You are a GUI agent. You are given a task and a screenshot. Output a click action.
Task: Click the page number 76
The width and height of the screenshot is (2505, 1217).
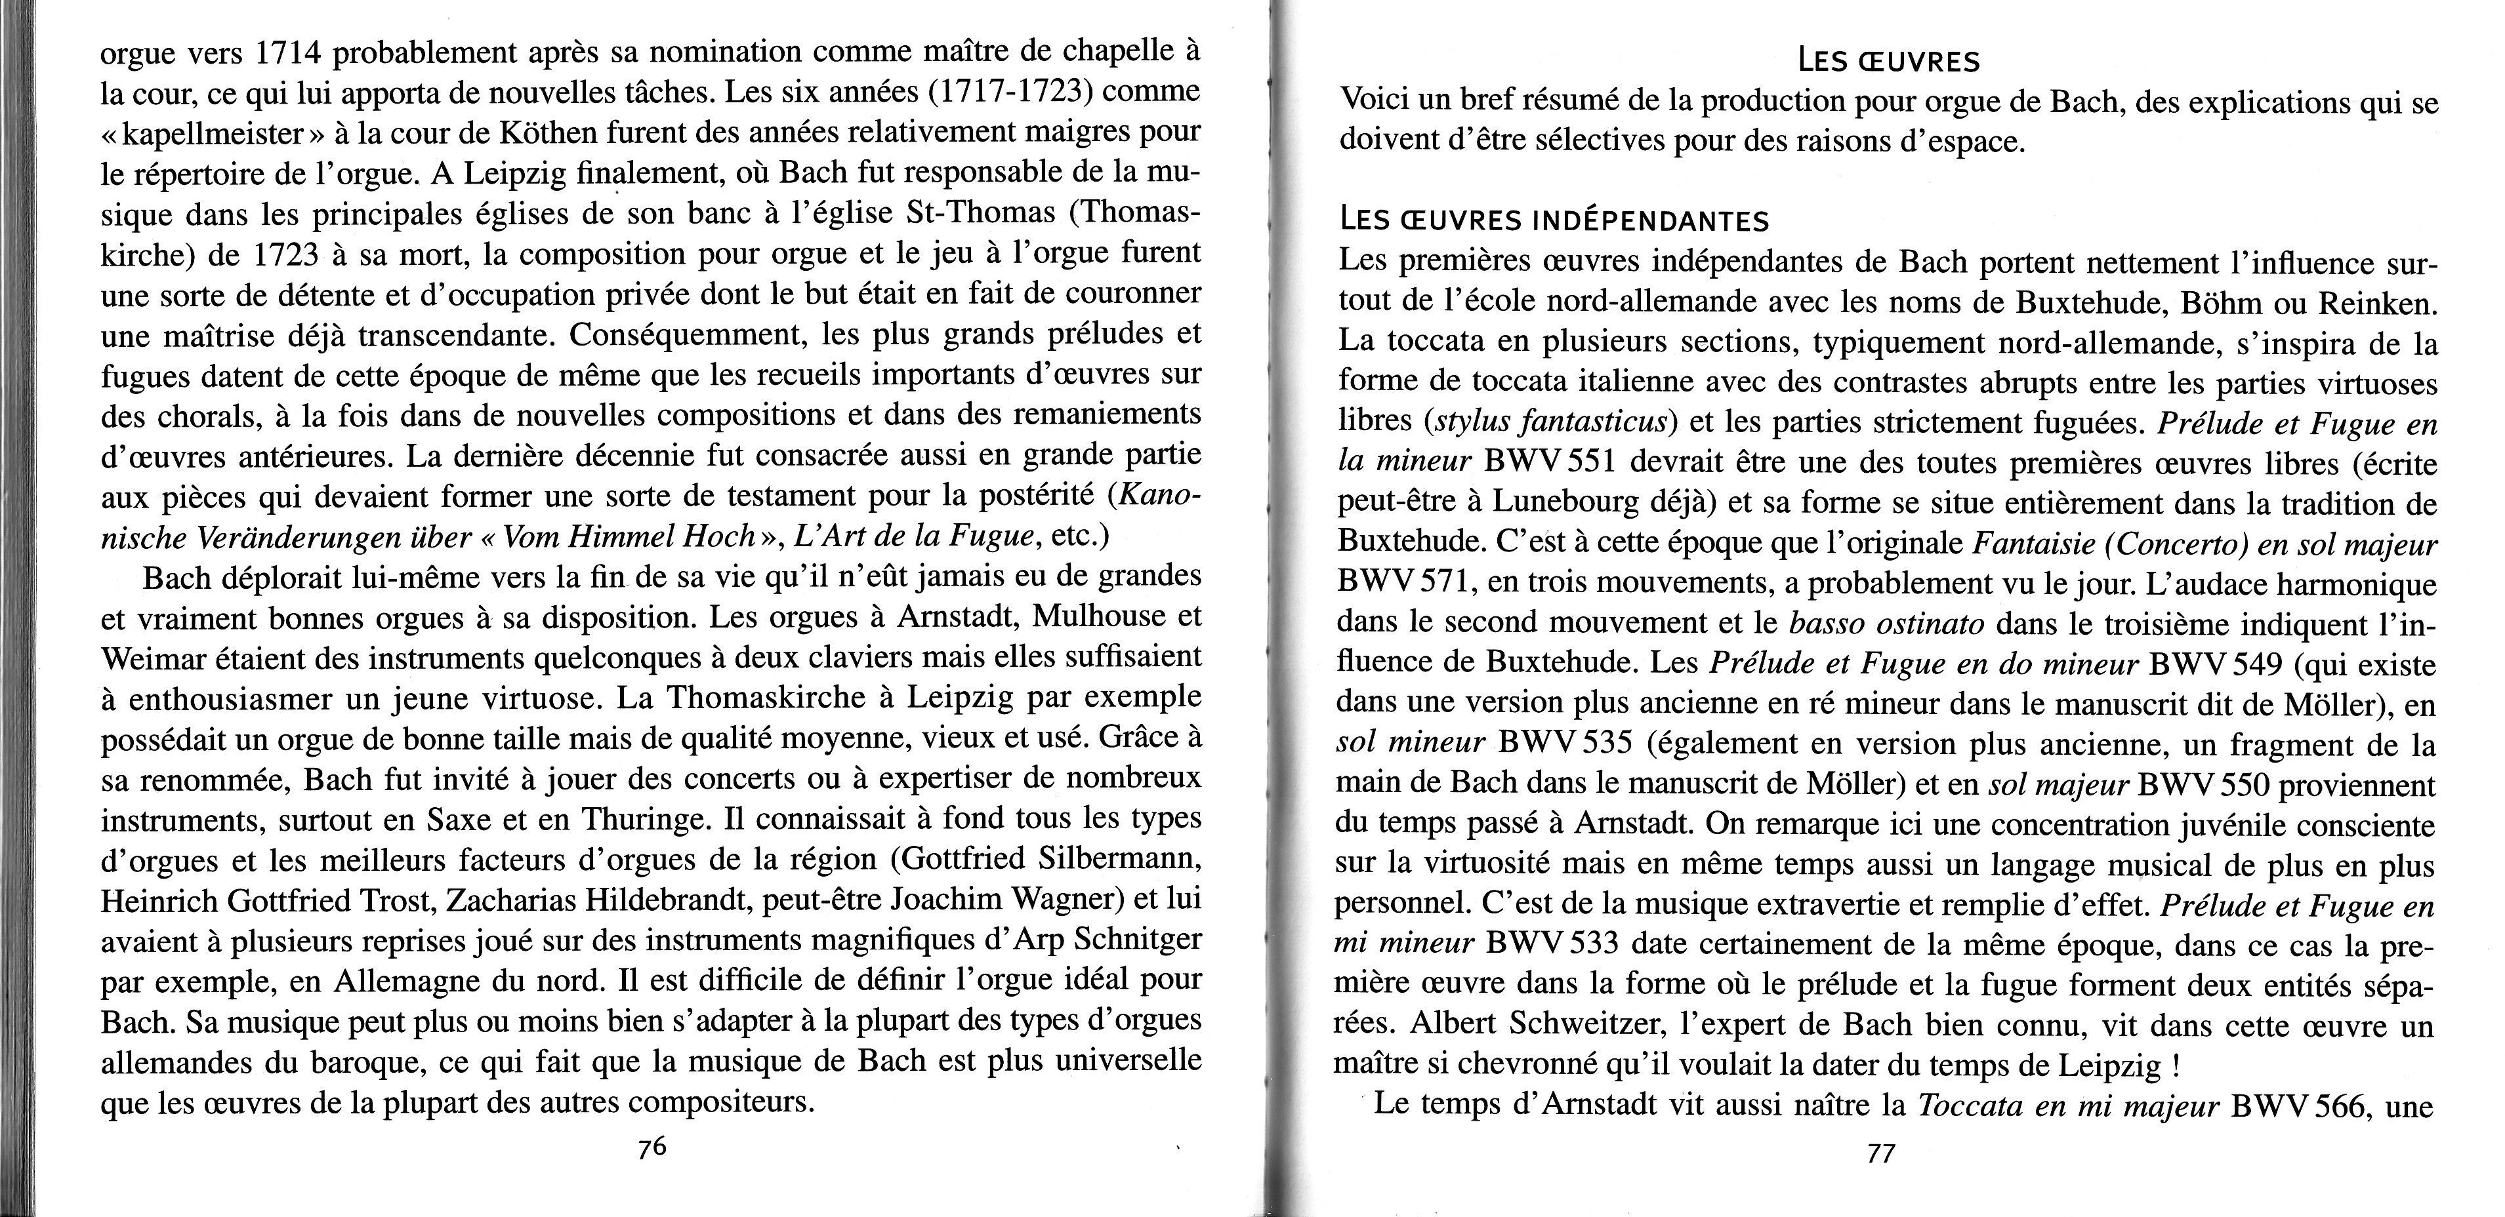point(652,1147)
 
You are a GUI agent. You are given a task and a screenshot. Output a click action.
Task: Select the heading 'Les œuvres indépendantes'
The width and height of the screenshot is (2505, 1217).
point(1553,222)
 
